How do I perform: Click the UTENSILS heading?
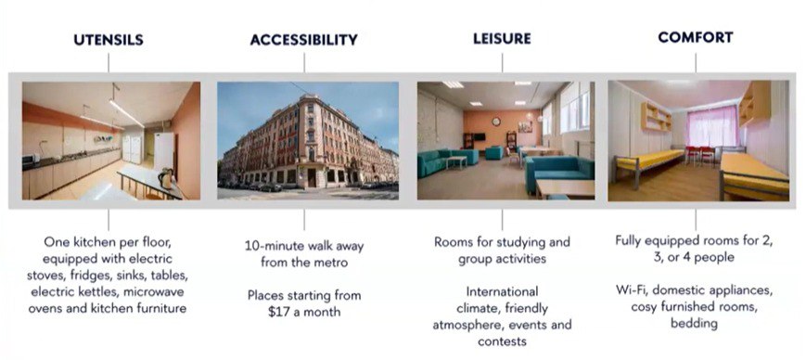[109, 40]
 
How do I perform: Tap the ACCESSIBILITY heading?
[304, 40]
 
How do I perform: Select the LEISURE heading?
[502, 39]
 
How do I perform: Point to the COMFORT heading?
[696, 37]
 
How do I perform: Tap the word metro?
[330, 263]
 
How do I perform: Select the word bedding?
[694, 324]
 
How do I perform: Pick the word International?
[502, 291]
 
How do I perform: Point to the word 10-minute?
[274, 246]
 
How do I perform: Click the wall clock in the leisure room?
[496, 122]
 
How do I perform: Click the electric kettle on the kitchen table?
[165, 178]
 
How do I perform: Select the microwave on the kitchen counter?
[31, 159]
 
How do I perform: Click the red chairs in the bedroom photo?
[700, 154]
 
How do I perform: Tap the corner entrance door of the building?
[312, 177]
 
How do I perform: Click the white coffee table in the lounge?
[456, 161]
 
